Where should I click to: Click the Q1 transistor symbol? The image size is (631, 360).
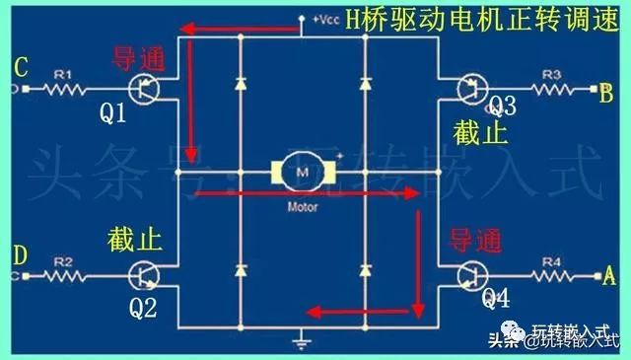147,90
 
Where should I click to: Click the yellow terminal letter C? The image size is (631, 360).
19,67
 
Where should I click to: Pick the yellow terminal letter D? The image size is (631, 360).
19,255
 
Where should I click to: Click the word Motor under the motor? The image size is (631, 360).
301,209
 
